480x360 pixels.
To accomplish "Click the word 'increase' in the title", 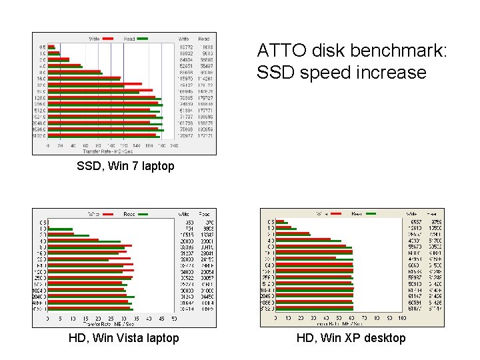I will point(389,73).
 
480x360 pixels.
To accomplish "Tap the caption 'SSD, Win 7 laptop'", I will point(125,166).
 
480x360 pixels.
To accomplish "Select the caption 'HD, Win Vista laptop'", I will point(124,338).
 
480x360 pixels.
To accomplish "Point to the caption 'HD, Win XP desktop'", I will point(351,338).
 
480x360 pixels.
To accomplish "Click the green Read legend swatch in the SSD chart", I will point(142,39).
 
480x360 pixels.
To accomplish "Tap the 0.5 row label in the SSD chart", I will point(42,47).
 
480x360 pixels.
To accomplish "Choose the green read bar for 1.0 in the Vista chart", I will point(61,230).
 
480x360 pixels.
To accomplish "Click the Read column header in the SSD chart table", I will point(204,39).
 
